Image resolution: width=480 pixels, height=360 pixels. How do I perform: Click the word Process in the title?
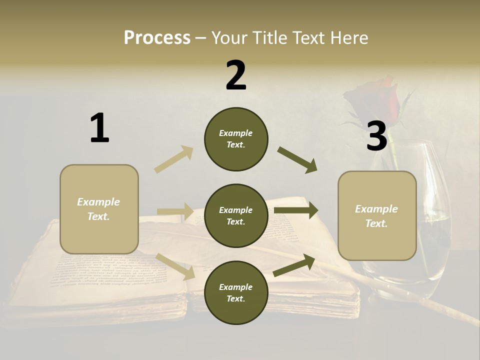(157, 38)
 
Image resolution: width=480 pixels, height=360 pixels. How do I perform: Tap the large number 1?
(99, 128)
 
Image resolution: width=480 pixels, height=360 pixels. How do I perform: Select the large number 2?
(236, 75)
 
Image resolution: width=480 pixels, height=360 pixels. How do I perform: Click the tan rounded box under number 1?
(99, 209)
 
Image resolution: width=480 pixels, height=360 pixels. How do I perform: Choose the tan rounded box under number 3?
(377, 216)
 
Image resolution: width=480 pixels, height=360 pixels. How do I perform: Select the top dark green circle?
(236, 139)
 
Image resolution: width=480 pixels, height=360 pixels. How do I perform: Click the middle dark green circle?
(236, 215)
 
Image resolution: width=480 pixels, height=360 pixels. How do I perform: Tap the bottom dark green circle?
(236, 292)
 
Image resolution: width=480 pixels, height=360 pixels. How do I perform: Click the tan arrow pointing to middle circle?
(175, 211)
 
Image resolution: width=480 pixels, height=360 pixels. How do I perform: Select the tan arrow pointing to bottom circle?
(175, 266)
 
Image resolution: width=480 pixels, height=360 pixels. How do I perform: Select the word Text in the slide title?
(306, 38)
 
